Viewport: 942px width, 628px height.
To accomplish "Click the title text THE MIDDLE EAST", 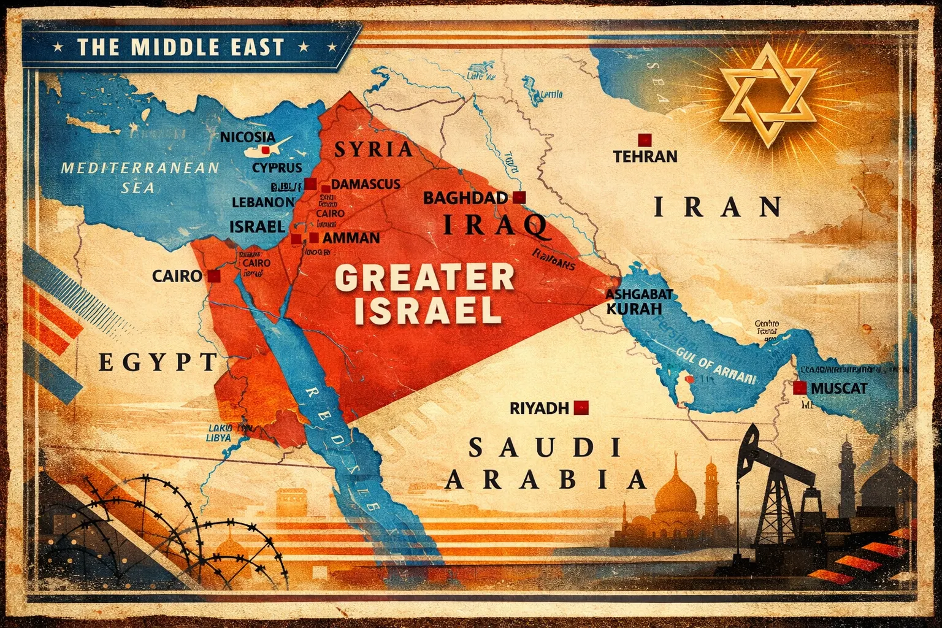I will (181, 47).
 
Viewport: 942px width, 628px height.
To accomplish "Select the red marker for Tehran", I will (643, 139).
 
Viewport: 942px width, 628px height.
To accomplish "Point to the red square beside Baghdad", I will (519, 197).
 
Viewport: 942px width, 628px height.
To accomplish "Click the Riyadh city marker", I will (581, 407).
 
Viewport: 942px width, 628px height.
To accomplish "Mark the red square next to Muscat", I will (799, 388).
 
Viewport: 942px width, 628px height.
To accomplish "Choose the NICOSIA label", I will (247, 137).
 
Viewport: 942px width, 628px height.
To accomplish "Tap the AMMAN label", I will (352, 238).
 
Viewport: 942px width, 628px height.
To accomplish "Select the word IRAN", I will (718, 207).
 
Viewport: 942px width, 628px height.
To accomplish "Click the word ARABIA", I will (545, 479).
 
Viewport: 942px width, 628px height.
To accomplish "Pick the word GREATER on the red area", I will (424, 279).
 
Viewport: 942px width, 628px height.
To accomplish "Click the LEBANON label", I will (262, 201).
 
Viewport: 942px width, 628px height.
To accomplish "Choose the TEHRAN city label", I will (645, 156).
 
